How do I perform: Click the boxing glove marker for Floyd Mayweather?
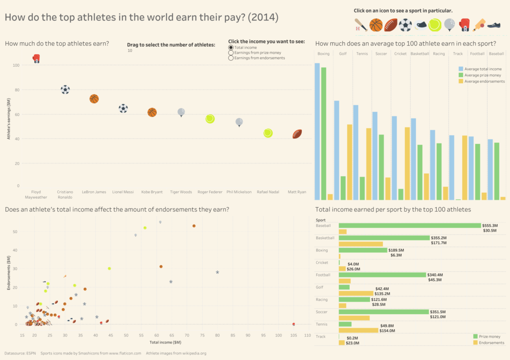(x=36, y=59)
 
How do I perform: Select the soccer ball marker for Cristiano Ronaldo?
(x=65, y=90)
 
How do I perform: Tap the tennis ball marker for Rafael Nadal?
(x=268, y=133)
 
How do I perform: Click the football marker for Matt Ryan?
(x=297, y=133)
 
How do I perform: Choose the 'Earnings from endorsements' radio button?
(x=231, y=58)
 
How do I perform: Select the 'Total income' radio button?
(x=231, y=47)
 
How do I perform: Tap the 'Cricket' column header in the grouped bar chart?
(x=400, y=54)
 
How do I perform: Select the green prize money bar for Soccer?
(x=383, y=312)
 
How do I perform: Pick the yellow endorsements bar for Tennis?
(x=359, y=330)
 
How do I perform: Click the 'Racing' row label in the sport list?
(x=321, y=299)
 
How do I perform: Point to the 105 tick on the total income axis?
(x=293, y=336)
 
